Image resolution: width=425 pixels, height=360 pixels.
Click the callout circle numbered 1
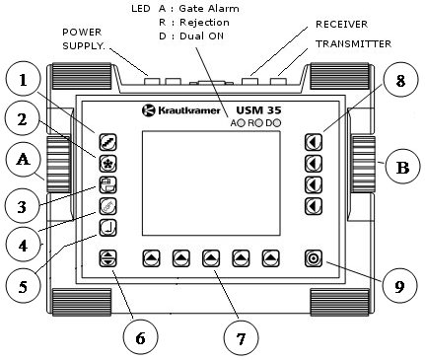tap(23, 79)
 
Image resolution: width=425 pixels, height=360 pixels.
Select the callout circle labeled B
tap(402, 167)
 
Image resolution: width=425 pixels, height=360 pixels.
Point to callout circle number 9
tap(400, 285)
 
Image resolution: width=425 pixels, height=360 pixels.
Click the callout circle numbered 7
tap(241, 337)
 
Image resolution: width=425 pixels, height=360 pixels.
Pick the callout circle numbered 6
tap(141, 337)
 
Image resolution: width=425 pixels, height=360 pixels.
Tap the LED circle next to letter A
tap(242, 123)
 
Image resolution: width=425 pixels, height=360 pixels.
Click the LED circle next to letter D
tap(277, 123)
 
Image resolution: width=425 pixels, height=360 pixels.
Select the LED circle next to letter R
tap(259, 123)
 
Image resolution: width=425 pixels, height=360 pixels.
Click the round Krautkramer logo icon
tap(148, 110)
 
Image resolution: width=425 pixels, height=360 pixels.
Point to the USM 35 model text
tap(258, 109)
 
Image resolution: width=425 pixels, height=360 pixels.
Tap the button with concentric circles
tap(314, 258)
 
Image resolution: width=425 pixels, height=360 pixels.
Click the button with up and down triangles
tap(107, 258)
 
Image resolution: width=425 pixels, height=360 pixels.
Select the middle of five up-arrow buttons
tap(211, 258)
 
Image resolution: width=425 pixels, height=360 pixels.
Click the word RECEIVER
tap(341, 24)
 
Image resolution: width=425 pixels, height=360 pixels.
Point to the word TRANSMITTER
tap(353, 43)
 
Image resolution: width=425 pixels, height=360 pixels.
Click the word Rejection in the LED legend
tap(204, 23)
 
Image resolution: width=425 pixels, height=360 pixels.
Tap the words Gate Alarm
tap(209, 8)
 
